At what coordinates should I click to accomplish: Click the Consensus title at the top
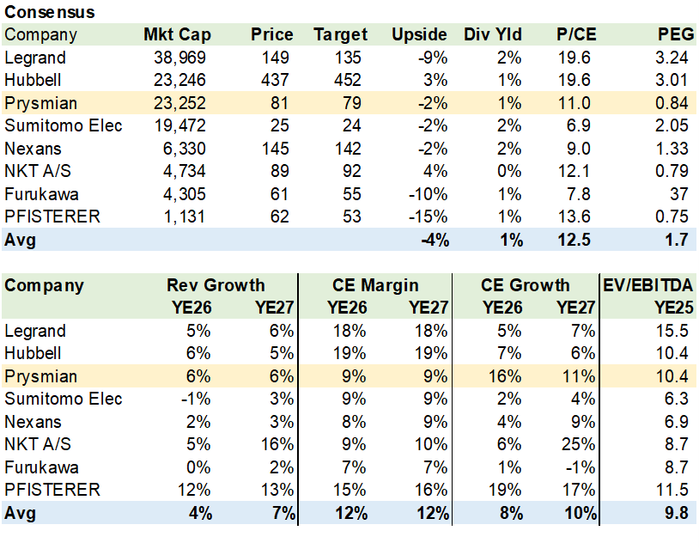[50, 13]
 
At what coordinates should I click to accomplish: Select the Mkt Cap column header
[177, 35]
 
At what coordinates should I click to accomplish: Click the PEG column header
[672, 35]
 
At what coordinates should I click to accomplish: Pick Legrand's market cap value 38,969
[178, 58]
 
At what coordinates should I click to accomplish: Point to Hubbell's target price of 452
[353, 81]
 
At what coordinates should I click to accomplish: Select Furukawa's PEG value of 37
[678, 194]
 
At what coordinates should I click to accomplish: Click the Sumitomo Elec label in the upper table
[64, 126]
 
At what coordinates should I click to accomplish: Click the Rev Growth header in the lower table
[216, 285]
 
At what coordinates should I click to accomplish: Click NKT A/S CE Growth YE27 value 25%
[579, 444]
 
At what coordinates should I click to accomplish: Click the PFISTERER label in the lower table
[52, 490]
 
